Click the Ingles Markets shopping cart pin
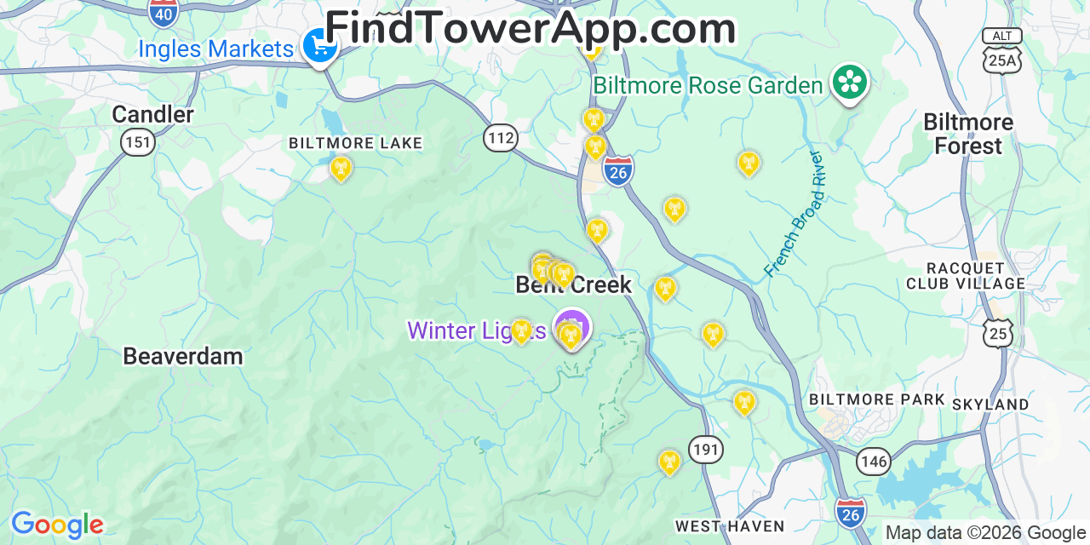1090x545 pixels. click(x=321, y=47)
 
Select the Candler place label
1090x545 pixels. click(x=153, y=114)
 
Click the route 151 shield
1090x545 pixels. click(x=138, y=141)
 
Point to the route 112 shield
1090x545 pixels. click(x=501, y=137)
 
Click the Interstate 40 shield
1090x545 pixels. click(x=162, y=12)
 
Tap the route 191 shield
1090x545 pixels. click(x=706, y=449)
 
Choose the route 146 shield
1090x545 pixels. click(x=874, y=462)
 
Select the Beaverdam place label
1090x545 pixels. click(x=183, y=356)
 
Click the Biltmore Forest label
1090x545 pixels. click(x=968, y=135)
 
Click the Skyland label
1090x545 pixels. click(x=990, y=404)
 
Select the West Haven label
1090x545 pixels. click(x=730, y=526)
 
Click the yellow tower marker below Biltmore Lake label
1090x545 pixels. click(x=341, y=168)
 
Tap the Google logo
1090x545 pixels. click(x=57, y=525)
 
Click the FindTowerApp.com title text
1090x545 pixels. click(x=530, y=28)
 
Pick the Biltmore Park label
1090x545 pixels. click(x=877, y=399)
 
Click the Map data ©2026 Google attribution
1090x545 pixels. click(x=985, y=533)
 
